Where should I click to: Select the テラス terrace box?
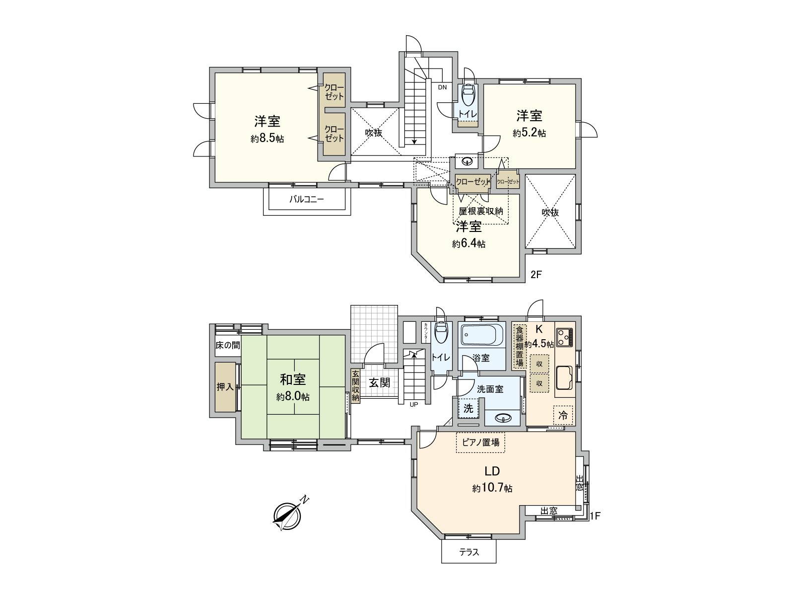click(x=468, y=552)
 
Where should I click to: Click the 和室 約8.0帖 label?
click(x=293, y=387)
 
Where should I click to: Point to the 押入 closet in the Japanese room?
click(x=225, y=387)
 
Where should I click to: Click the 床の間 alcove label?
click(x=227, y=345)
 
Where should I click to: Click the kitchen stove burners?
click(x=564, y=337)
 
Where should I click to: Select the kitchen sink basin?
click(x=565, y=378)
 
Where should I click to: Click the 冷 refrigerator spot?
click(x=563, y=415)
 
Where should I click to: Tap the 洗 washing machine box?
click(x=468, y=409)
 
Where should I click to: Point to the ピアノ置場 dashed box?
click(x=480, y=442)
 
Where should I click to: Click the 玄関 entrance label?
click(x=379, y=383)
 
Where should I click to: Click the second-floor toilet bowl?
click(x=467, y=94)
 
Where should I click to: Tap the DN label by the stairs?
click(x=442, y=87)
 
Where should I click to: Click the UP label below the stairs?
click(x=413, y=404)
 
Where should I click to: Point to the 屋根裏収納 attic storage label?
click(x=480, y=211)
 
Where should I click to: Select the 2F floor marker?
click(x=535, y=274)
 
